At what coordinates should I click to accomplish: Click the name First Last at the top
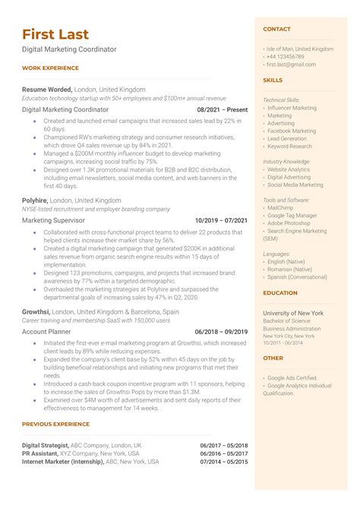[x=55, y=34]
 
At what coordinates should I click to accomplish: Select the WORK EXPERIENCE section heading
[x=50, y=68]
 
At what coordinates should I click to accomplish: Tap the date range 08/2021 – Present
[x=222, y=109]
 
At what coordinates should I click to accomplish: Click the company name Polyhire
[x=35, y=200]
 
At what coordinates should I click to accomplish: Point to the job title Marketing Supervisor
[x=52, y=220]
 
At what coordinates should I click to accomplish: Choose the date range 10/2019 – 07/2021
[x=221, y=220]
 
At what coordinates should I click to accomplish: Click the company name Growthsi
[x=36, y=311]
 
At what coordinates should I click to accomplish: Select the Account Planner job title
[x=46, y=332]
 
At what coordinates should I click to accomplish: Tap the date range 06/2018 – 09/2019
[x=221, y=332]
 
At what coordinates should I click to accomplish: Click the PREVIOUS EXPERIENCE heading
[x=55, y=424]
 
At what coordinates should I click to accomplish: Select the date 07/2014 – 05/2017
[x=224, y=461]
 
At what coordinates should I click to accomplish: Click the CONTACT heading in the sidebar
[x=276, y=29]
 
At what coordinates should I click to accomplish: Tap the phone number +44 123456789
[x=285, y=57]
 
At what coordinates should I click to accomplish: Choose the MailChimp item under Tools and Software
[x=280, y=207]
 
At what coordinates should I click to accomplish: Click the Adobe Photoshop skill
[x=289, y=224]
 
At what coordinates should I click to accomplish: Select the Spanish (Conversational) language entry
[x=298, y=276]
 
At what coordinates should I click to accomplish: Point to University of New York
[x=292, y=313]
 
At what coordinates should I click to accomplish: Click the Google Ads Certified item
[x=292, y=377]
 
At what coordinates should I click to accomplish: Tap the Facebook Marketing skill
[x=292, y=131]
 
